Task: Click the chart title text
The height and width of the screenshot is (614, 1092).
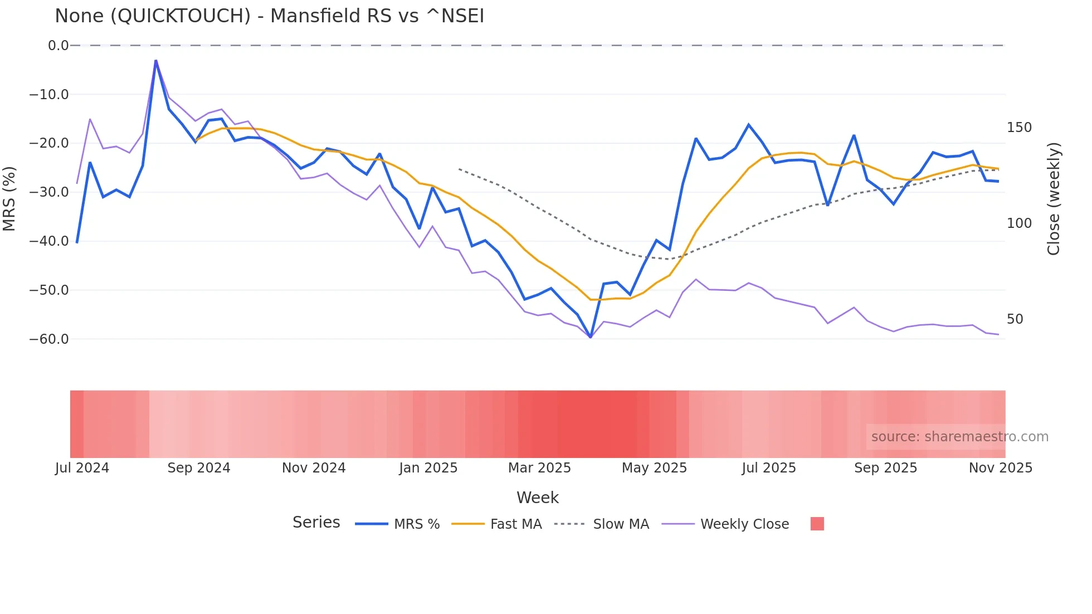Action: pyautogui.click(x=269, y=16)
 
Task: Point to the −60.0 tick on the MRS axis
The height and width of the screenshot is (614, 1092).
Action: pyautogui.click(x=49, y=339)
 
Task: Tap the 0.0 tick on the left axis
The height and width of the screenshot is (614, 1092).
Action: pyautogui.click(x=58, y=46)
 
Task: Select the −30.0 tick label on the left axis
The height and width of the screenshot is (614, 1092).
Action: pyautogui.click(x=49, y=192)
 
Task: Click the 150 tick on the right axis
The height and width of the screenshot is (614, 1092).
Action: pyautogui.click(x=1019, y=128)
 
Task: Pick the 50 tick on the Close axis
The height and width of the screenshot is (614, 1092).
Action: pyautogui.click(x=1015, y=319)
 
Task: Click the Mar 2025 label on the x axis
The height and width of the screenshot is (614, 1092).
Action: pyautogui.click(x=539, y=468)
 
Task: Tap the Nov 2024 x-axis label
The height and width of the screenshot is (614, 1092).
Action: pyautogui.click(x=314, y=468)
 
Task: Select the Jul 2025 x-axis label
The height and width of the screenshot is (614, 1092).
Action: pyautogui.click(x=769, y=468)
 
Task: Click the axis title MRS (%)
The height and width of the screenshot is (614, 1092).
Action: pyautogui.click(x=9, y=198)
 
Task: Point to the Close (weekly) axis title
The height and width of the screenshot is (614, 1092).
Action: pyautogui.click(x=1054, y=199)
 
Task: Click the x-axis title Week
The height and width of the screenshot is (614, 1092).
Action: pyautogui.click(x=537, y=498)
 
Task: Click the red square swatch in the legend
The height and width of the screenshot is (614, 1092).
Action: pyautogui.click(x=817, y=524)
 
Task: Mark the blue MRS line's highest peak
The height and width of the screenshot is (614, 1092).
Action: pyautogui.click(x=156, y=60)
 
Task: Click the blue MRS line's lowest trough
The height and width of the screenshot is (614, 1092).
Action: pyautogui.click(x=591, y=337)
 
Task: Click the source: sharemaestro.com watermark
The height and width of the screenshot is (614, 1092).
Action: pyautogui.click(x=959, y=437)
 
